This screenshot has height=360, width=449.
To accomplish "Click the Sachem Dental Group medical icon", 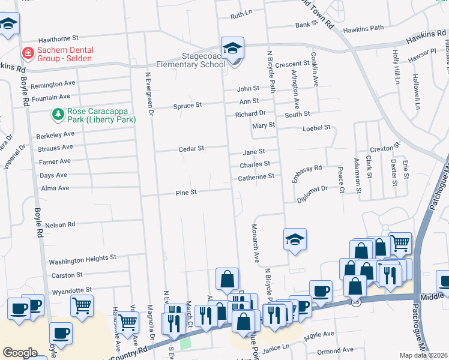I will [27, 53].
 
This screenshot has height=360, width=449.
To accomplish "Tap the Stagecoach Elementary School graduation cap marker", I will [232, 47].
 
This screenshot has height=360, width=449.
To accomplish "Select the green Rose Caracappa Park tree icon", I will [58, 113].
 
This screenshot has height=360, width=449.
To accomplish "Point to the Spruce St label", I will [188, 105].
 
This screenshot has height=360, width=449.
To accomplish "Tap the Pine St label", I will [186, 193].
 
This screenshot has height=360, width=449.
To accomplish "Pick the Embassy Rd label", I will [307, 173].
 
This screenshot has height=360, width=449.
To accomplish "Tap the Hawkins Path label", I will [363, 28].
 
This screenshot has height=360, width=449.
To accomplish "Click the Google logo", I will [20, 352].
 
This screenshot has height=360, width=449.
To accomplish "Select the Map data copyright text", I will [423, 355].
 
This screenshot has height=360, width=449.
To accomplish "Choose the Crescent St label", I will [292, 64].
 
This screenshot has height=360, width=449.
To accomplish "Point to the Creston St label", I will [385, 148].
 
